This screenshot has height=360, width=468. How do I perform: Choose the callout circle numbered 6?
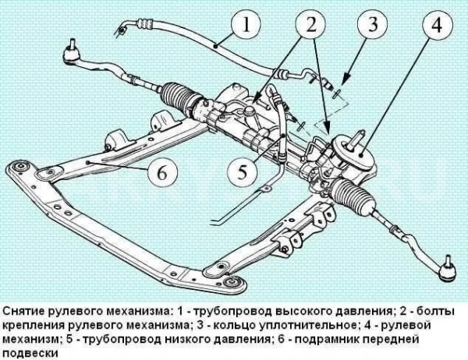(161, 172)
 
